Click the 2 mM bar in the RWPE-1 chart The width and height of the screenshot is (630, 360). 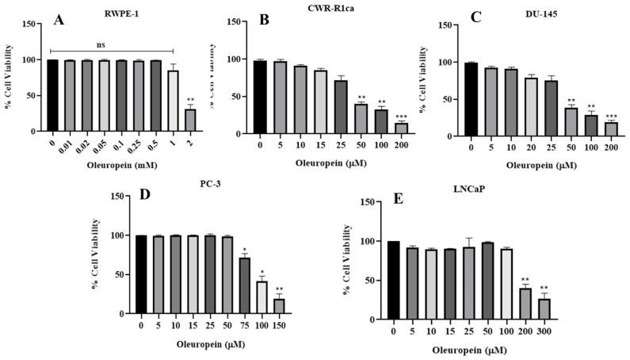coord(191,123)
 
